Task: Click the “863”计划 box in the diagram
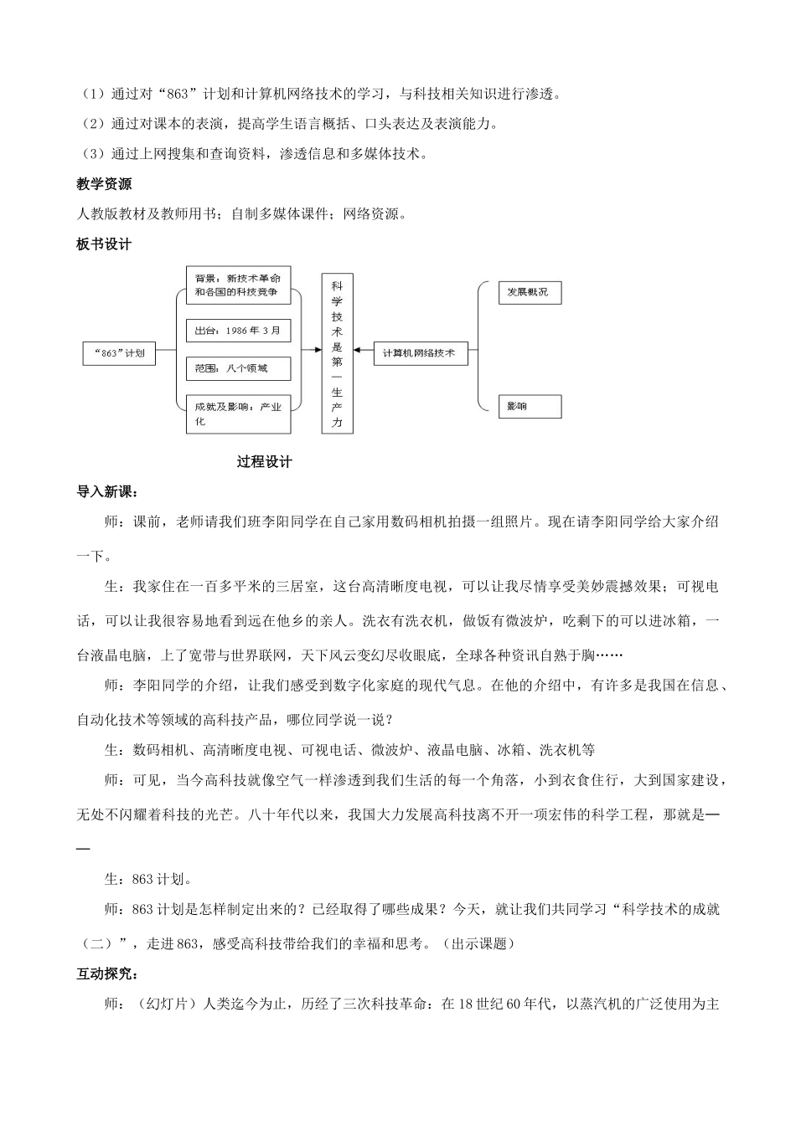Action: pyautogui.click(x=120, y=353)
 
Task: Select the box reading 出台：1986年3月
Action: pyautogui.click(x=237, y=331)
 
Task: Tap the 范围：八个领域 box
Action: pyautogui.click(x=237, y=368)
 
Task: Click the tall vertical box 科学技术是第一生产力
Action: pyautogui.click(x=337, y=353)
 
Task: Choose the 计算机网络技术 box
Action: pyautogui.click(x=420, y=353)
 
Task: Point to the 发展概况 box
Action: pyautogui.click(x=529, y=292)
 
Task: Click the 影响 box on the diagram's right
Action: pyautogui.click(x=529, y=407)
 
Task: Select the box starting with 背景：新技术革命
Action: pyautogui.click(x=237, y=285)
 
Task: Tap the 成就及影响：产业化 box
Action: pyautogui.click(x=237, y=414)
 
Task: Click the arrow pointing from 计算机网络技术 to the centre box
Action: pyautogui.click(x=363, y=352)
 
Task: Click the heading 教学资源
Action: pyautogui.click(x=104, y=184)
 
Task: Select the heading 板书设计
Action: pyautogui.click(x=104, y=244)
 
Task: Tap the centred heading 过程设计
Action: pyautogui.click(x=264, y=461)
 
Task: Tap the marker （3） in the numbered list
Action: pyautogui.click(x=92, y=153)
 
